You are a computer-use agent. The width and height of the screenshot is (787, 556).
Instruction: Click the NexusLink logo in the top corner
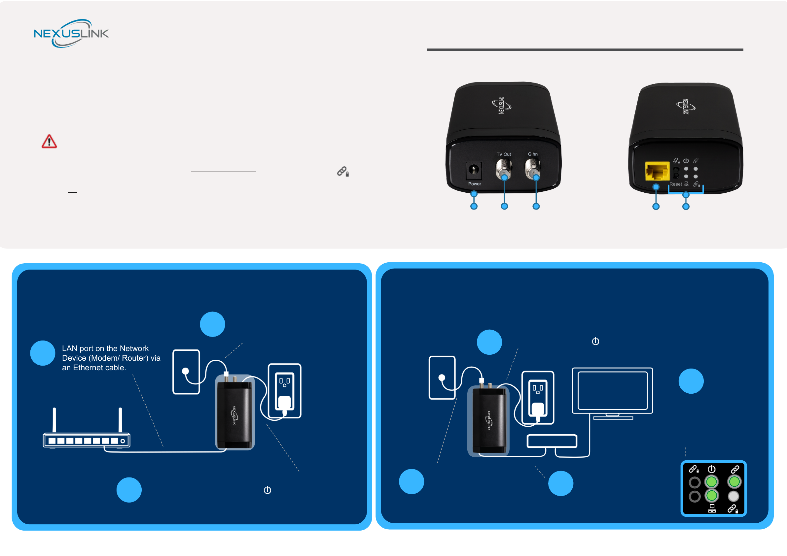pos(71,34)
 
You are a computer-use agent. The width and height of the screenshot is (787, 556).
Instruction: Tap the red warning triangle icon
pos(49,142)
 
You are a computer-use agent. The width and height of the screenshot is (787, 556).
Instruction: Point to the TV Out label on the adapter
pos(504,154)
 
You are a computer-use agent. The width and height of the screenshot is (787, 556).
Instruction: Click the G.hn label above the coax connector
pos(533,154)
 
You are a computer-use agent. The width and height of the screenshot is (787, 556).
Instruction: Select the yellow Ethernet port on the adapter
pos(657,171)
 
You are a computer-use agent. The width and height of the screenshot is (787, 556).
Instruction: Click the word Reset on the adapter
pos(675,184)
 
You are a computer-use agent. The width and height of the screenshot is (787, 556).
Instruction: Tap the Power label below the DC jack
pos(474,184)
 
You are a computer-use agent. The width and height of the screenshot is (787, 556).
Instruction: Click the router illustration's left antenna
pos(54,420)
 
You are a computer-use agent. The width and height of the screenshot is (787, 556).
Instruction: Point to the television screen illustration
pos(613,391)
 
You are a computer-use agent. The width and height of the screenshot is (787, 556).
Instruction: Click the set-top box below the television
pos(552,441)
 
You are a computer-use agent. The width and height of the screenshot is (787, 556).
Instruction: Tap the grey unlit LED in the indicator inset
pos(733,496)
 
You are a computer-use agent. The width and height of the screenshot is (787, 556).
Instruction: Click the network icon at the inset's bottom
pos(712,508)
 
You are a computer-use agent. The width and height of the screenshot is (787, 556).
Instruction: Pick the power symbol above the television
pos(595,341)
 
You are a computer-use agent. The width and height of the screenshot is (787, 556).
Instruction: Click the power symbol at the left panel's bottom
pos(268,490)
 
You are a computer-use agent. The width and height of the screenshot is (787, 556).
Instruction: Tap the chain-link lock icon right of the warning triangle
pos(343,171)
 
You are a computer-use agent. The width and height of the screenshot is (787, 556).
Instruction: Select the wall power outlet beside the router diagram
pos(284,391)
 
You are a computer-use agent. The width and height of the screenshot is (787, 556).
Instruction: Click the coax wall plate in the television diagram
pos(442,377)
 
